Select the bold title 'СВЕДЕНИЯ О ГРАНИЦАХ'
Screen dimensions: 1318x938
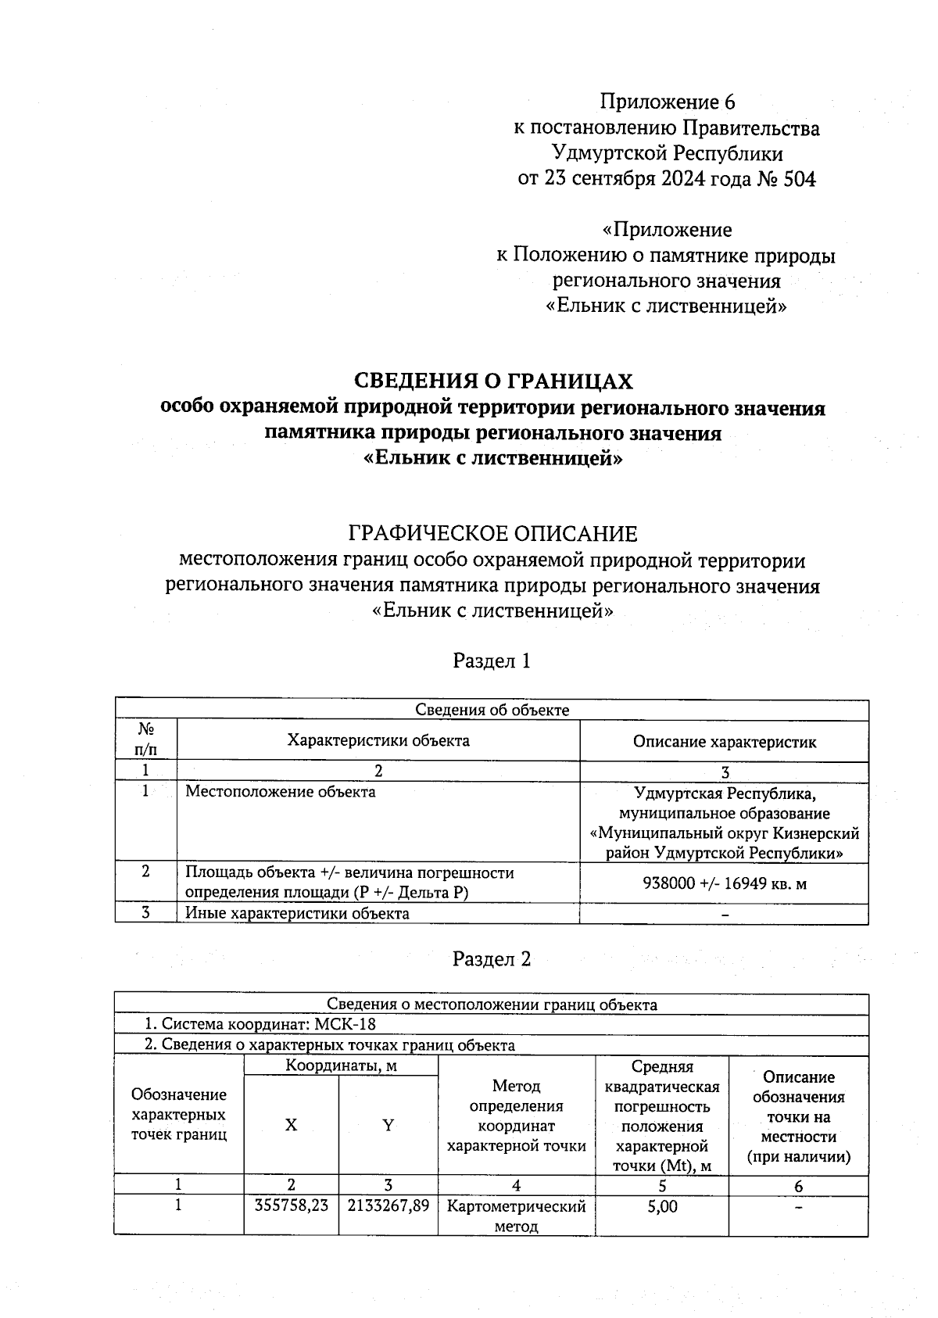[493, 381]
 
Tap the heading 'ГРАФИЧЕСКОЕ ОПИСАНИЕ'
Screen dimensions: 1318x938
[492, 534]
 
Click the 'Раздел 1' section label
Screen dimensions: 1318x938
[492, 661]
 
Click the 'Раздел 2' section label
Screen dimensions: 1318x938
[492, 959]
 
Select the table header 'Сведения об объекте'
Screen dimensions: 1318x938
[492, 710]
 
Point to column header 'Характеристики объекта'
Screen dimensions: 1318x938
[378, 740]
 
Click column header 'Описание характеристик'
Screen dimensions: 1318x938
[724, 742]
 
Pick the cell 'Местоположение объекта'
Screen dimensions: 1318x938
[280, 792]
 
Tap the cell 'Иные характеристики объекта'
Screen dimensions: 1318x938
[296, 913]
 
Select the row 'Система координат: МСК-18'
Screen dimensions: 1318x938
[263, 1024]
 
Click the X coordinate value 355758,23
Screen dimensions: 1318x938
[291, 1206]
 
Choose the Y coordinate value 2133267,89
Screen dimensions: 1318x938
[388, 1206]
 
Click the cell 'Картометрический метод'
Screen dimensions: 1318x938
[516, 1216]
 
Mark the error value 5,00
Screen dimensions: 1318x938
[661, 1206]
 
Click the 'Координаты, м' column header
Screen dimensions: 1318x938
[340, 1065]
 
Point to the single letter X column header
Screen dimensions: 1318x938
[291, 1124]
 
